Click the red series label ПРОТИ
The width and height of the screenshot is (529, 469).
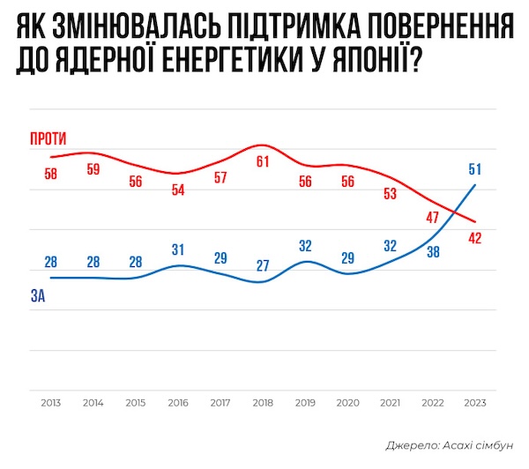coord(49,138)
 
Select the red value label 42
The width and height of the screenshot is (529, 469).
coord(475,237)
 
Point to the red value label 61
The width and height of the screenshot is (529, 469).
coord(263,161)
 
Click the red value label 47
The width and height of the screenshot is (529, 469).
coord(432,217)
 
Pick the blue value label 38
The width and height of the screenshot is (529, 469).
coord(432,251)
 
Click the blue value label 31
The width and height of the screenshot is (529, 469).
coord(178,249)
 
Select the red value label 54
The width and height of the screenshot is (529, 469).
coord(178,189)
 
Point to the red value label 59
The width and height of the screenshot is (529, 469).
coord(93,169)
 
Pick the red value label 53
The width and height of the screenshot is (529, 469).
coord(391,194)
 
